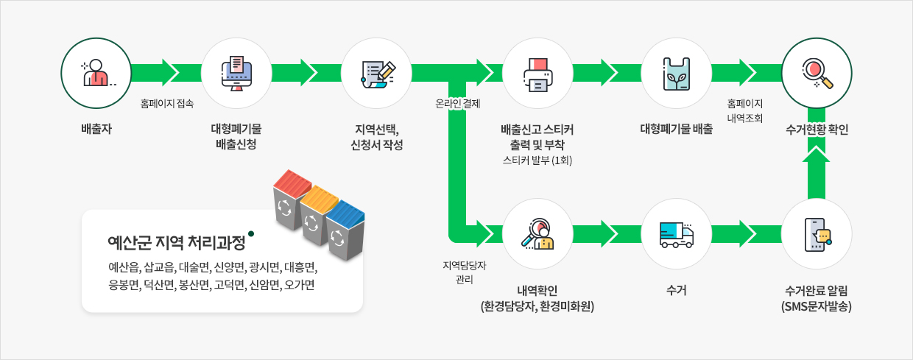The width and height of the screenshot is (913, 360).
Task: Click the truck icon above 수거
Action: pos(677,233)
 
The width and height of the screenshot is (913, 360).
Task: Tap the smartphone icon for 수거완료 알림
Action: pos(817,233)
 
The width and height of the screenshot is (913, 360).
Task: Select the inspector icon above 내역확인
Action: pos(537,233)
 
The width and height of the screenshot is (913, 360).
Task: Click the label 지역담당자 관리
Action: pos(459,272)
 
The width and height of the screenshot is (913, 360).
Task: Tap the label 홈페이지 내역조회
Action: pos(745,111)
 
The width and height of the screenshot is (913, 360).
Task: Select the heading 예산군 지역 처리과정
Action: pos(177,241)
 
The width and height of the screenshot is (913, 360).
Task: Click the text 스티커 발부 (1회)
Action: pos(537,160)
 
